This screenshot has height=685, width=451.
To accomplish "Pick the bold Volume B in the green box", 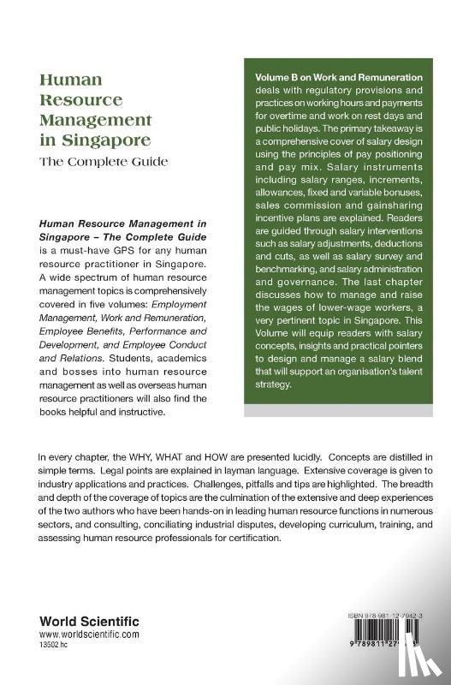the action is coord(280,77).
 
